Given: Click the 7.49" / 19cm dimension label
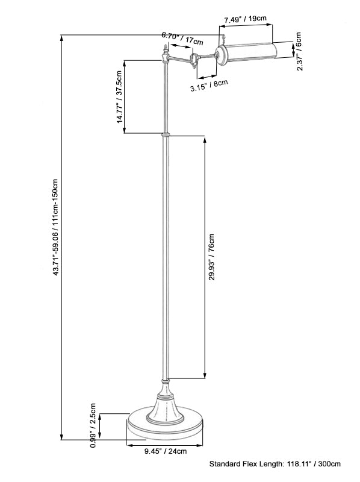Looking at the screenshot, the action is coord(245,19).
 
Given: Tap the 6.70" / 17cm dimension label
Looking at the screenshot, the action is coord(182,38).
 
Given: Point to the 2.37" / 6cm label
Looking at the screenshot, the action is coord(299,51).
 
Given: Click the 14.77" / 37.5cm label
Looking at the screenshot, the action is coord(119,97).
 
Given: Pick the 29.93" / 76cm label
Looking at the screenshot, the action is coord(212,257).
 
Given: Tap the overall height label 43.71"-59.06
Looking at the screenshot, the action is coord(55,227).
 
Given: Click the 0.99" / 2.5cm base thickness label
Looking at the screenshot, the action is coord(93,425).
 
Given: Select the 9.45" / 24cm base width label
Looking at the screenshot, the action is coord(166,451).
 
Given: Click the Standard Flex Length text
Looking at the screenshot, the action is coord(275,464).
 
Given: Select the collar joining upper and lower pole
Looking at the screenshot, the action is coord(166,134).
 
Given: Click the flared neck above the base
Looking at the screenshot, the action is coord(166,401).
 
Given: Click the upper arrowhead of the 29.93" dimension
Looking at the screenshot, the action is coord(205,140).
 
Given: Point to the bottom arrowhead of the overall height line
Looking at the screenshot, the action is coord(62,437).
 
